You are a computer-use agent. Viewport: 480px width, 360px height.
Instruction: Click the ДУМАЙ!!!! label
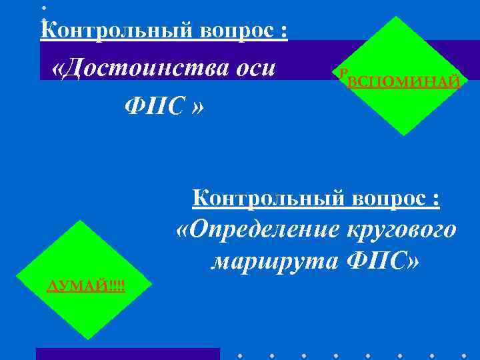point(87,286)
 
